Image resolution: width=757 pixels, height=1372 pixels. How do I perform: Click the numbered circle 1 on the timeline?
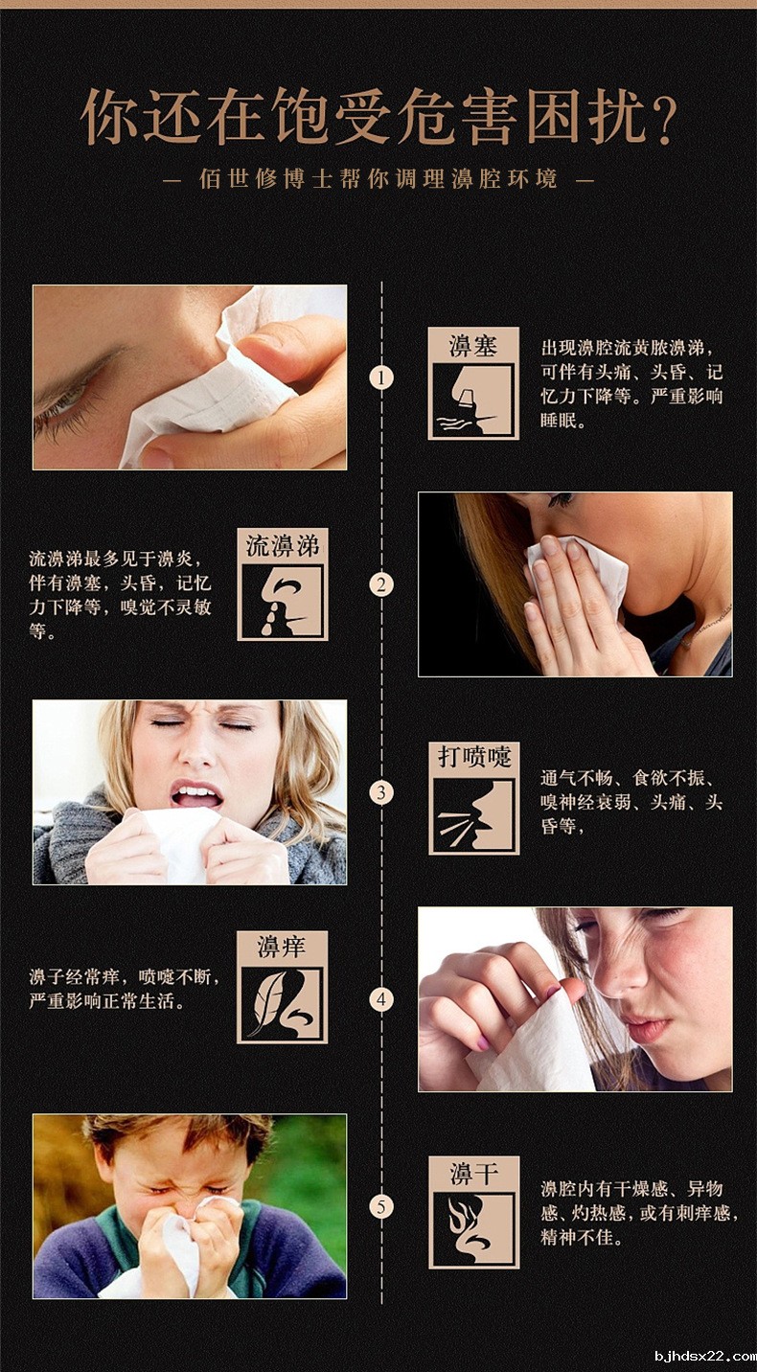coord(382,377)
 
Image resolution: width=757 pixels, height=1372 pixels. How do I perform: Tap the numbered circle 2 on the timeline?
coord(382,584)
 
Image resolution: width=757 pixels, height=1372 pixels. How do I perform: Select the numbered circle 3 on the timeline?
coord(382,792)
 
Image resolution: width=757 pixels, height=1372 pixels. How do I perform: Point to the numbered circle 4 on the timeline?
coord(382,1000)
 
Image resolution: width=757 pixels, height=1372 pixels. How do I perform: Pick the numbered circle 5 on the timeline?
coord(382,1206)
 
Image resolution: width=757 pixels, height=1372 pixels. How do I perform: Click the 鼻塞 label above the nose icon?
coord(473,345)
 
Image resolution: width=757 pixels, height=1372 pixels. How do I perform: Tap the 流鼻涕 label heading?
coord(283,546)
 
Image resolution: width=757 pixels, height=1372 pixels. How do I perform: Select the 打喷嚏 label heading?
coord(474,757)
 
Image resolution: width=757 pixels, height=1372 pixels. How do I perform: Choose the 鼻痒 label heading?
coord(282,948)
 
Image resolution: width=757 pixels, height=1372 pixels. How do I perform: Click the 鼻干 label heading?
coord(473,1173)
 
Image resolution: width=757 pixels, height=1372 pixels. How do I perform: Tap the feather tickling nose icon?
coord(283,1002)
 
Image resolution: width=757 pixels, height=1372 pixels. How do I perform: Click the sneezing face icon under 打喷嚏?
coord(474,814)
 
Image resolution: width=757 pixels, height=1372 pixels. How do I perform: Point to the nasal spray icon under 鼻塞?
coord(473,400)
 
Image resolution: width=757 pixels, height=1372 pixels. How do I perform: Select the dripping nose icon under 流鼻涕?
coord(283,601)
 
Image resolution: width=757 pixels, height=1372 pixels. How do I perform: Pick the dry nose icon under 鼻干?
coord(473,1229)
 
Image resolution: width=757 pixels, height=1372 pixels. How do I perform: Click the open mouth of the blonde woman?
coord(196,794)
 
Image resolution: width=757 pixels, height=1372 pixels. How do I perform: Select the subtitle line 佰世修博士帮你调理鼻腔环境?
coord(378,179)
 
